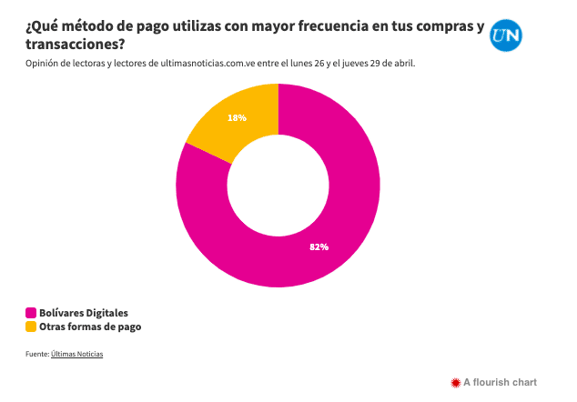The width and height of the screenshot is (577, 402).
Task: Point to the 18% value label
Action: (238, 117)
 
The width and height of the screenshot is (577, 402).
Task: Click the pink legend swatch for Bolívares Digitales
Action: (31, 312)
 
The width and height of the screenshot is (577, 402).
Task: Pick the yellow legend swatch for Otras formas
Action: (31, 327)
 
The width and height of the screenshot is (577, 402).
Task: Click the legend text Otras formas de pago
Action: (90, 327)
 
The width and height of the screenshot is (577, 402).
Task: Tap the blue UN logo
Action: (507, 36)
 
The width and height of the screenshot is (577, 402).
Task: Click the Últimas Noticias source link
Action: (77, 354)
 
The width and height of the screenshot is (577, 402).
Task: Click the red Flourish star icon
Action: (456, 382)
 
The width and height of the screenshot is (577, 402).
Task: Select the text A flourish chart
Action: (501, 382)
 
